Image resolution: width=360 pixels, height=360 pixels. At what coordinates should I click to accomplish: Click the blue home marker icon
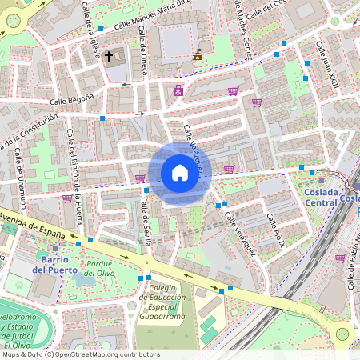(x=180, y=172)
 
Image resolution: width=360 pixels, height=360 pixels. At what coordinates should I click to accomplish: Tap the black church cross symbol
(x=108, y=57)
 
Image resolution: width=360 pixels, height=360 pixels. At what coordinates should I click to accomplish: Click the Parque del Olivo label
(x=109, y=269)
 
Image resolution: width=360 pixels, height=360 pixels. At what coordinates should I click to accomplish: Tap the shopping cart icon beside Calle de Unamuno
(x=67, y=198)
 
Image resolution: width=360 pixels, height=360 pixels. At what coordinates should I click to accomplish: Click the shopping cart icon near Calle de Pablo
(x=340, y=258)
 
